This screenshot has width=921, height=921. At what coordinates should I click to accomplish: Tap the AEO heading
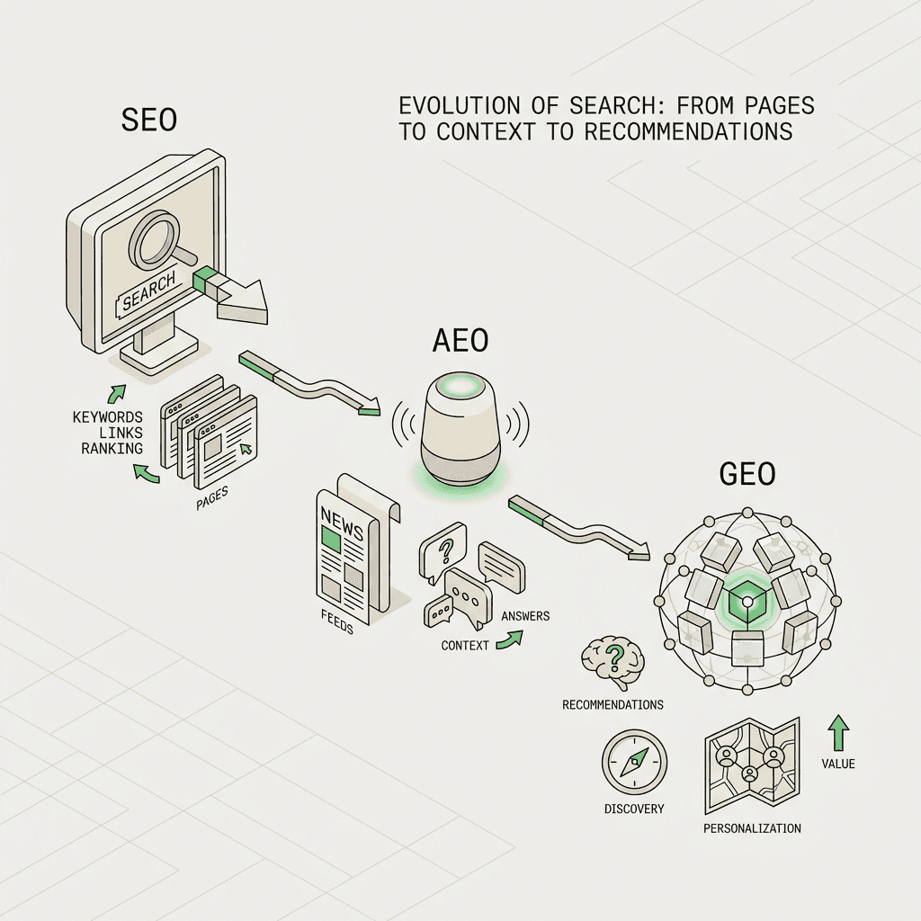point(460,341)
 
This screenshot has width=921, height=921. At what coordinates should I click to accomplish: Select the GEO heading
point(749,474)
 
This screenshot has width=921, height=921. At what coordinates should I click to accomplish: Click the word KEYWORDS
point(107,417)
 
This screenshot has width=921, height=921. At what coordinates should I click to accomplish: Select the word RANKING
point(112,449)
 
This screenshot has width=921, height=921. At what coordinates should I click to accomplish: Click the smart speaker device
point(460,423)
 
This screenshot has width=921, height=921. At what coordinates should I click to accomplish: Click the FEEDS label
point(335,621)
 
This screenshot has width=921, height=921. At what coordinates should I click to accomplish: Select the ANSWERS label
point(525,616)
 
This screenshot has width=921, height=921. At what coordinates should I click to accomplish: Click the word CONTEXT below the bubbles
point(465,646)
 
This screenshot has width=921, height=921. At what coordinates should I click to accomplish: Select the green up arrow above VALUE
point(838,733)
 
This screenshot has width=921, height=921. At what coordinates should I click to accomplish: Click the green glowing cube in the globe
point(747,597)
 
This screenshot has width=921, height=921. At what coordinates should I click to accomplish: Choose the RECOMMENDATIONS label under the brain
point(613,704)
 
